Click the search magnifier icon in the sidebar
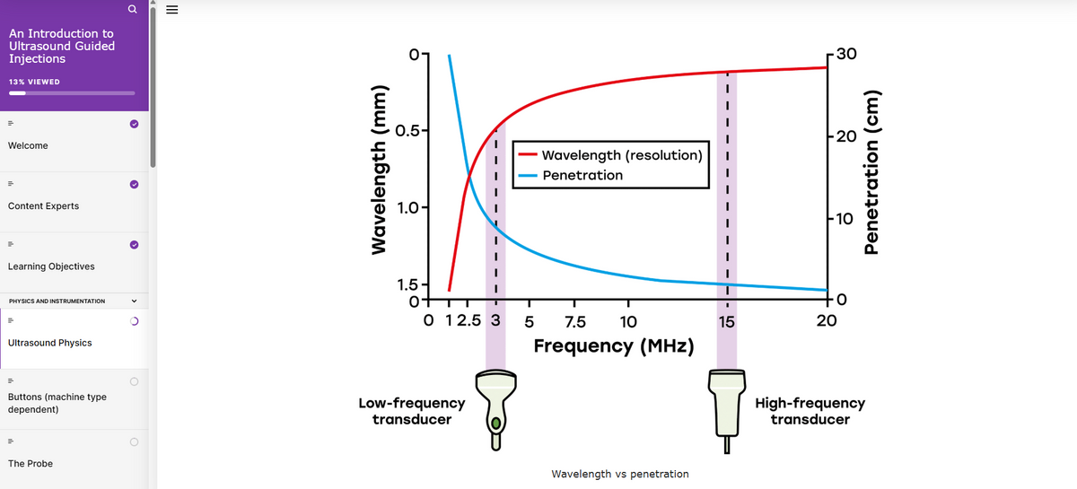pos(132,10)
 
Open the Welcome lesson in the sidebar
pos(28,145)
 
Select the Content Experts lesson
pos(43,205)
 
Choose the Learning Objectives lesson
pos(50,266)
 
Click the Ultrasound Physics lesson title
pos(49,343)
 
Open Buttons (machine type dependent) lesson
pos(57,403)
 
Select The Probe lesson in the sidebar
pos(30,463)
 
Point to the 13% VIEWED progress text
pos(34,82)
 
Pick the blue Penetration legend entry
pos(582,175)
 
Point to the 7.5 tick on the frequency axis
pos(574,322)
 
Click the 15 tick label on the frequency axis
pos(726,322)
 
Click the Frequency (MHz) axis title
pos(612,346)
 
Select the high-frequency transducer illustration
pos(727,403)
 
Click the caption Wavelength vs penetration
pos(619,474)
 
